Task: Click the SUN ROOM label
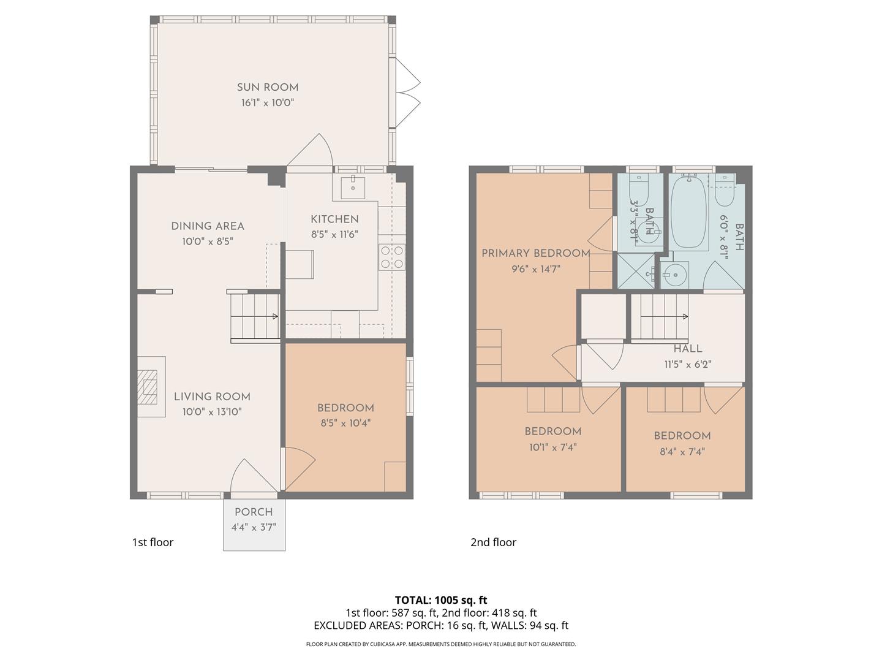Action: (268, 87)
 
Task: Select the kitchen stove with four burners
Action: (392, 257)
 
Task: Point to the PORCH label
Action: (254, 512)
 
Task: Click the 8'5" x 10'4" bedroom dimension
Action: (345, 423)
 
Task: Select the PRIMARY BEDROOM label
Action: (535, 253)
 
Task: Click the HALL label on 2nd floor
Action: (688, 348)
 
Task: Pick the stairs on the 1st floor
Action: (255, 316)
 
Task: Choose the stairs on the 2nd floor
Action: (660, 316)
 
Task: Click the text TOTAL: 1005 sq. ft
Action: (441, 599)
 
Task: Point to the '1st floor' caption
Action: (153, 542)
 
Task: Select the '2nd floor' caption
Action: (493, 542)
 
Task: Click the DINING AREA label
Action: (208, 226)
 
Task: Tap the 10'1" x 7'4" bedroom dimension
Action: (553, 447)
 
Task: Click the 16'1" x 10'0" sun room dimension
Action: (268, 103)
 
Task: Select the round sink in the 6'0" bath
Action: (674, 275)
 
